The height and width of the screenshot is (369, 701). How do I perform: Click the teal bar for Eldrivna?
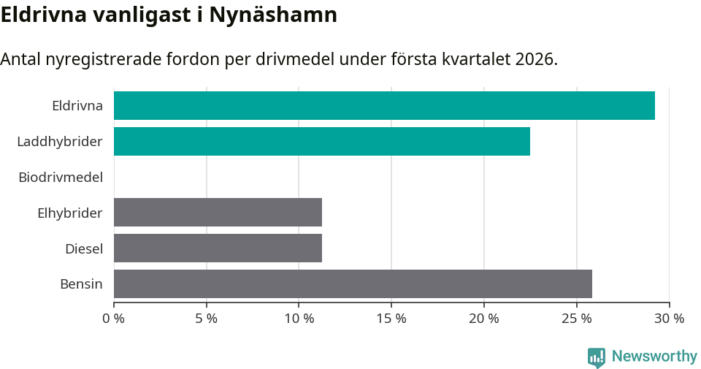[384, 105]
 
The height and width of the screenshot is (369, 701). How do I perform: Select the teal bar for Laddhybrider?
[322, 141]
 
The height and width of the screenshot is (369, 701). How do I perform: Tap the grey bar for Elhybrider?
[218, 212]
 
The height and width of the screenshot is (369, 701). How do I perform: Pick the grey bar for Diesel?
[218, 248]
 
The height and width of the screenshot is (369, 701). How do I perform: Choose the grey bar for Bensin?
[353, 284]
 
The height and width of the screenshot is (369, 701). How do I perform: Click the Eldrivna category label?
[77, 105]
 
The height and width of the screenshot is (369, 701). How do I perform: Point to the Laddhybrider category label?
[60, 141]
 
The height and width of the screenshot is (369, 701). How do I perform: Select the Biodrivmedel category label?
[61, 177]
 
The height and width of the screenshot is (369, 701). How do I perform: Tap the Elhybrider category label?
[70, 213]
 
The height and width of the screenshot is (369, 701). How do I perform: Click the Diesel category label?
[84, 248]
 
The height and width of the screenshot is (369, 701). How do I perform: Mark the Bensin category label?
[81, 284]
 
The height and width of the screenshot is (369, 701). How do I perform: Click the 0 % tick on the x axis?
[114, 319]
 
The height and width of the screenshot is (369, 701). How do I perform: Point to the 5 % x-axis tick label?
[207, 319]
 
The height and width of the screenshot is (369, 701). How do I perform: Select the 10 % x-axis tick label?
[299, 319]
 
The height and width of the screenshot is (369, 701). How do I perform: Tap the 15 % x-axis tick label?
[391, 319]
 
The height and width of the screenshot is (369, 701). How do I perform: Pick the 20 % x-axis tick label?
[484, 319]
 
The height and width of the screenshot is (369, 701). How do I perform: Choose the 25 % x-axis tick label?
[577, 319]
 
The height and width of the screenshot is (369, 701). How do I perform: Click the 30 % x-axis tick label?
[669, 319]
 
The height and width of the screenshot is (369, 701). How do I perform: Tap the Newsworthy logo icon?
[597, 357]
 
